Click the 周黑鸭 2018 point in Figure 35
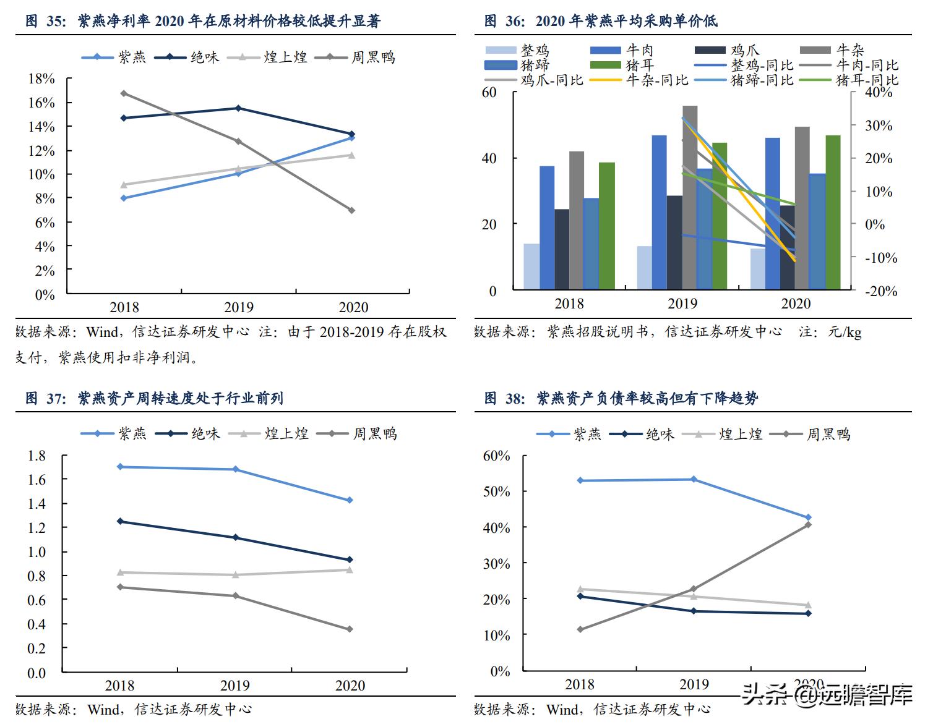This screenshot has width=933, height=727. [124, 93]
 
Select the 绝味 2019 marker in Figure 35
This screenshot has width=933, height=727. [238, 108]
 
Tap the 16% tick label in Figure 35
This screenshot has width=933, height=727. [41, 103]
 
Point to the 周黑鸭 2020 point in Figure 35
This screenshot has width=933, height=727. [352, 210]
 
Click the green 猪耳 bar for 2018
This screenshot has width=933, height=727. [607, 226]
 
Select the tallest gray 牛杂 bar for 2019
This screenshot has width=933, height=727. [690, 198]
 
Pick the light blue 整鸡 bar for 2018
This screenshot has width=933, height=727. [531, 266]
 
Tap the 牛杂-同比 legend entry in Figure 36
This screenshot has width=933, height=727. [640, 80]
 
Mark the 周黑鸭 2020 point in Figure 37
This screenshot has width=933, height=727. [350, 629]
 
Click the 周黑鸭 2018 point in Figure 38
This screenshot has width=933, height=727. [580, 629]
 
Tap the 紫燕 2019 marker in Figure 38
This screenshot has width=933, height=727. [694, 479]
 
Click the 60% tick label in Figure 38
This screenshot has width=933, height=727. [497, 456]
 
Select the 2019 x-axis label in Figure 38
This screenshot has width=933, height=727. [694, 684]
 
